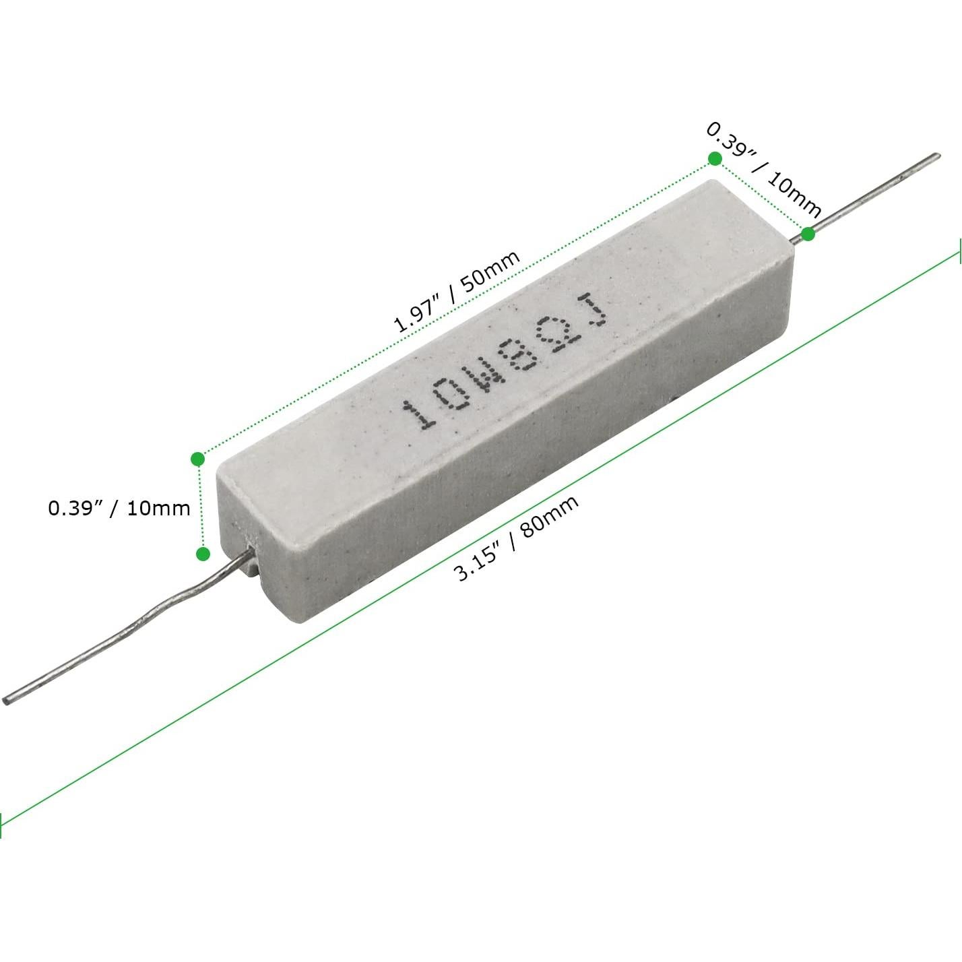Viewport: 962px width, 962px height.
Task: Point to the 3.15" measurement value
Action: [479, 562]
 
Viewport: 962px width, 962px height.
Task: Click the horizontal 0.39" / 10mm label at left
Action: [119, 509]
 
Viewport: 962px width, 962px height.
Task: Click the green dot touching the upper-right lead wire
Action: [808, 233]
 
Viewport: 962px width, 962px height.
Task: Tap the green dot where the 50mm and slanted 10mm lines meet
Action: [715, 159]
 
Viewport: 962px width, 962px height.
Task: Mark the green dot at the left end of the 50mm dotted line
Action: [198, 459]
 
